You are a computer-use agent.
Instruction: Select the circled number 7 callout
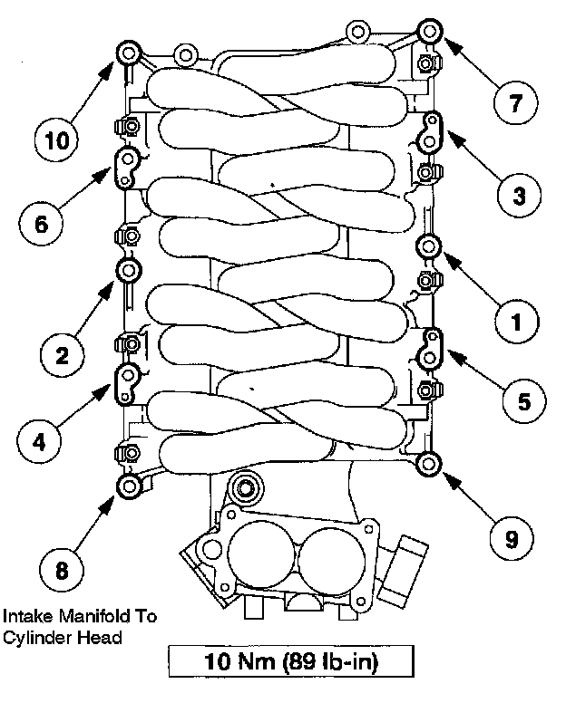click(515, 101)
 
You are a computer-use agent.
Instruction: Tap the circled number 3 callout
click(517, 194)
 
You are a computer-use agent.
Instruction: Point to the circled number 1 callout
click(517, 321)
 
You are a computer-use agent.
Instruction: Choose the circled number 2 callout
click(62, 355)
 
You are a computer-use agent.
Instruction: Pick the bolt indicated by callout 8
click(129, 487)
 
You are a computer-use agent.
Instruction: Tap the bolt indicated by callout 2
click(128, 270)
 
